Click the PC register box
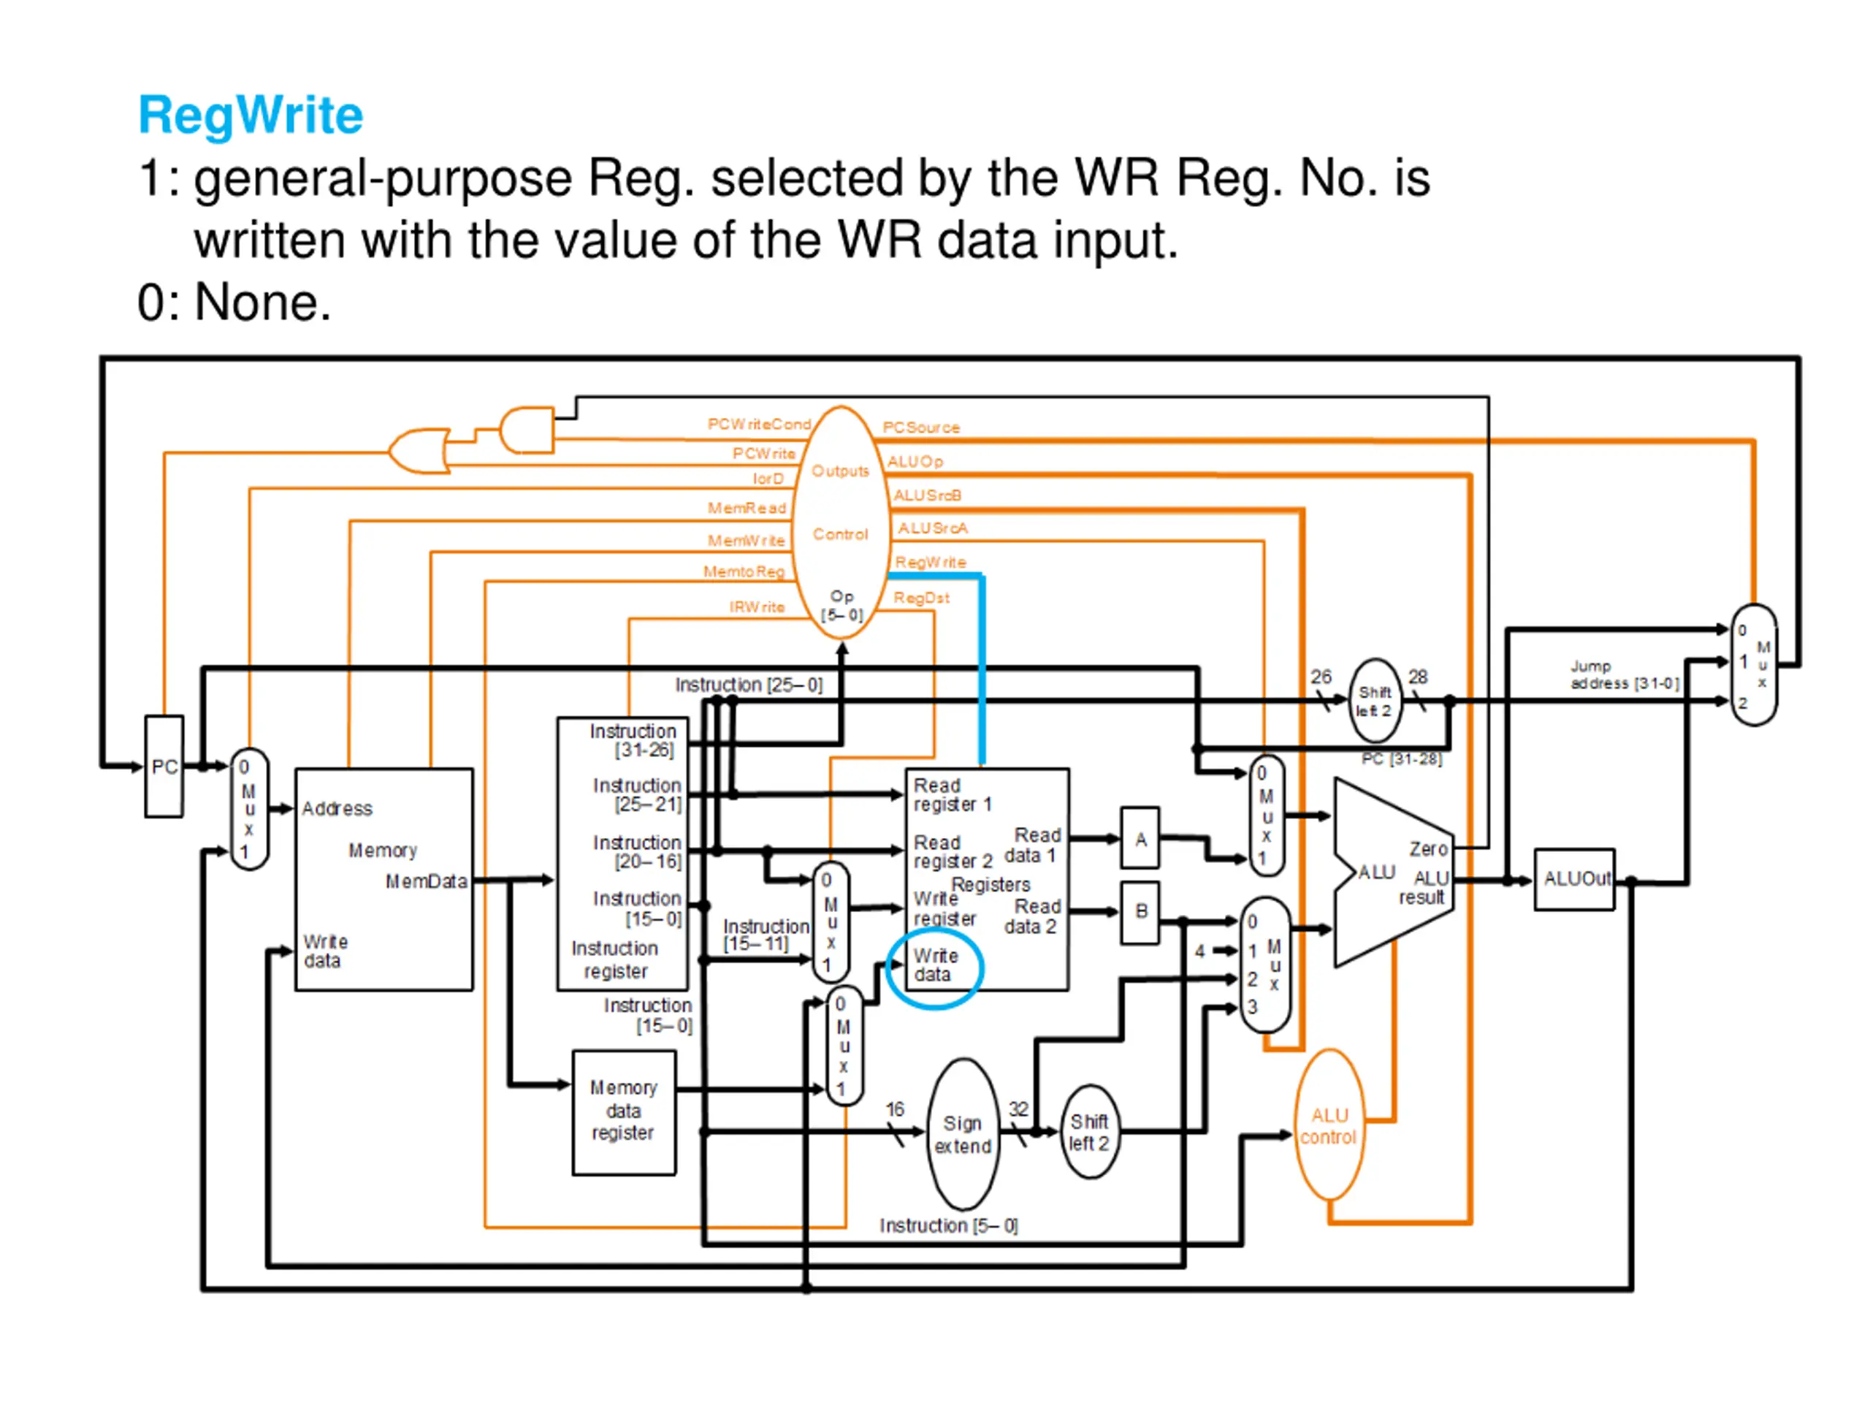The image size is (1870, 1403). tap(164, 767)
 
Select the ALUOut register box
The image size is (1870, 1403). tap(1575, 880)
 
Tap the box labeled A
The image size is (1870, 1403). tap(1140, 838)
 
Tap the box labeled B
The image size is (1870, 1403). tap(1140, 912)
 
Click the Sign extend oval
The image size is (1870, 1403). tap(963, 1134)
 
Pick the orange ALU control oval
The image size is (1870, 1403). tap(1329, 1125)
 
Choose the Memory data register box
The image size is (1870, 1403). tap(624, 1112)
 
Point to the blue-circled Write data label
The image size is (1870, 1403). tap(935, 965)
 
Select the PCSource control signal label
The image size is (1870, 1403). tap(921, 427)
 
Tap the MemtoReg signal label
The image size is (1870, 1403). tap(744, 571)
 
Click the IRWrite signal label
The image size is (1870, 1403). tap(757, 607)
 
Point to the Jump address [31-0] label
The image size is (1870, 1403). tap(1624, 675)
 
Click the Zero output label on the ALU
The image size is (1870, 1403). tap(1428, 848)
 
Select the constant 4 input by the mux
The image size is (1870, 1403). tap(1199, 951)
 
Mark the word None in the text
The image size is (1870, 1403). tap(263, 302)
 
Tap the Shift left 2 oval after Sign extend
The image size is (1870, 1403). tap(1089, 1133)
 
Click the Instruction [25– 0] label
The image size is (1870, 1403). tap(748, 684)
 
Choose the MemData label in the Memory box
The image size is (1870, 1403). tap(426, 881)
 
